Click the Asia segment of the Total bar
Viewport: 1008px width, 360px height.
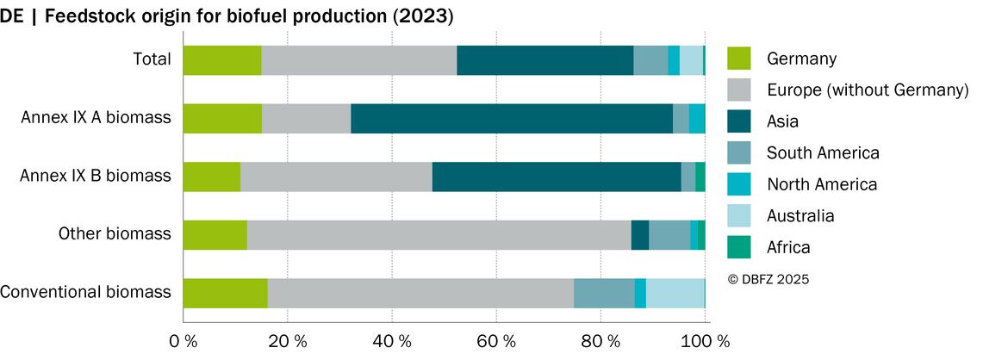pos(545,60)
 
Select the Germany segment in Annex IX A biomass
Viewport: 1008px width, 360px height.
pos(222,118)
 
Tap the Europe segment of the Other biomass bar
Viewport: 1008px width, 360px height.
pos(439,235)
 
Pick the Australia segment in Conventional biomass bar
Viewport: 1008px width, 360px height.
pos(675,294)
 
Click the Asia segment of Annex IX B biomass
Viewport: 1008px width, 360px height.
pos(557,177)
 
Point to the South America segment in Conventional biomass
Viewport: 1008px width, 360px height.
pos(604,294)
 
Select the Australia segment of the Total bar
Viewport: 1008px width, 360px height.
pos(691,60)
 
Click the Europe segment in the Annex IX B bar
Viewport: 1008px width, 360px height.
pos(336,177)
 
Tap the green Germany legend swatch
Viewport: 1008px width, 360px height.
pos(739,59)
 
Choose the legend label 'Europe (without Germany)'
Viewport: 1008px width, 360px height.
pos(868,90)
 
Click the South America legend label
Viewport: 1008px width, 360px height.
pos(823,153)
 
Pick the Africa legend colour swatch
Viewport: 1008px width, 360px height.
pos(739,247)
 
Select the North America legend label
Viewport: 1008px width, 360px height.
pos(822,184)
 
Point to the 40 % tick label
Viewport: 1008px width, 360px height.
pos(392,341)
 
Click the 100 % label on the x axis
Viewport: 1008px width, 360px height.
pos(706,341)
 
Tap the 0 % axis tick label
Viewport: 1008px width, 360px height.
pos(184,341)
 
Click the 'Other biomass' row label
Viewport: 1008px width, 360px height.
pos(115,233)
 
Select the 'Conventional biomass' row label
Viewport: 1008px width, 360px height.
pos(86,292)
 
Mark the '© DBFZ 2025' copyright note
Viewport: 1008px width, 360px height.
pos(768,279)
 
